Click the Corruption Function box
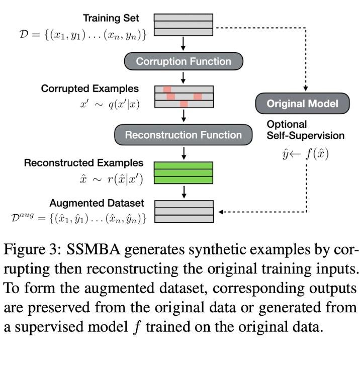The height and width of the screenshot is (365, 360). [x=183, y=61]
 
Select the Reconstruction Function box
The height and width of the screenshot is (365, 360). [x=183, y=135]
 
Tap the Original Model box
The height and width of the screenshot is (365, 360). [x=302, y=104]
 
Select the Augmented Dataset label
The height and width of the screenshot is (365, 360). [x=97, y=203]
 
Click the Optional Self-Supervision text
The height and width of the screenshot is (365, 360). [x=305, y=130]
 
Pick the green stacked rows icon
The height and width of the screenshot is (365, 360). [x=183, y=172]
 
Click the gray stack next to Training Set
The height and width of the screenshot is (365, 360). [x=183, y=24]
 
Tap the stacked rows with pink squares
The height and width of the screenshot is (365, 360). [x=183, y=96]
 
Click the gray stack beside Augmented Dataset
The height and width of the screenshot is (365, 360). [x=183, y=212]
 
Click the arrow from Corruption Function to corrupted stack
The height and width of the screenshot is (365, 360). [x=183, y=77]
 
